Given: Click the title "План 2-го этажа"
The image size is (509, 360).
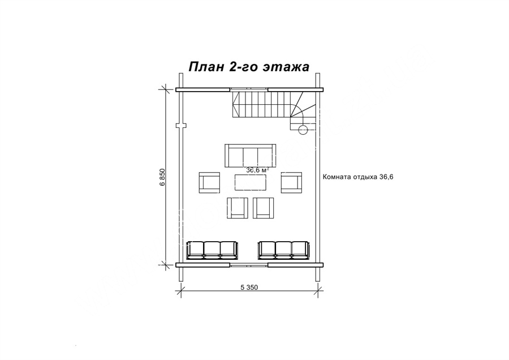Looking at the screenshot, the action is coord(249,67).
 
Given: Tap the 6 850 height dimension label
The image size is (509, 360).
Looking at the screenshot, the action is coord(163,177).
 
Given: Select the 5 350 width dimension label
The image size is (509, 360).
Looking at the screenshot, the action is coord(249,287).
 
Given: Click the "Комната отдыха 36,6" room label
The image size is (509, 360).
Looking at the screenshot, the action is coord(358,177).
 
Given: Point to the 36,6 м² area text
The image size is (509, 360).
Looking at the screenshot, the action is coord(257,170).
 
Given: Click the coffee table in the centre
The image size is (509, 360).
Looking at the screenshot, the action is coord(251,183).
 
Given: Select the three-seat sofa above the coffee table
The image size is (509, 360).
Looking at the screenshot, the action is coord(251,156).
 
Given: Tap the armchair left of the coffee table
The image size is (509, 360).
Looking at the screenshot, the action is coord(209,183).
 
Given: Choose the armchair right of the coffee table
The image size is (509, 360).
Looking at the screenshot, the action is coord(291,183).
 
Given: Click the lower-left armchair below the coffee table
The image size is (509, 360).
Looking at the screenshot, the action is coord(238,208).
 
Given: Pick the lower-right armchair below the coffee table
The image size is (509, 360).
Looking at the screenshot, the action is coord(263,208).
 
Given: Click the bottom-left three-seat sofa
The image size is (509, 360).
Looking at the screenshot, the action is coord(212,250).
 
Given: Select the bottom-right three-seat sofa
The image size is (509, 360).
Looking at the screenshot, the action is coord(284,250).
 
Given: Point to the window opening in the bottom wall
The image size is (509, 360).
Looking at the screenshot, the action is coord(249,265).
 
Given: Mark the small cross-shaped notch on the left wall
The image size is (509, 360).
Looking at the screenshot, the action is coord(180,126).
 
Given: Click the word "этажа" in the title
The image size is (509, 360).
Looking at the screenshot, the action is coord(286,67).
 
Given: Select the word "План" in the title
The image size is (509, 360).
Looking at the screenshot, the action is coord(206,67).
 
